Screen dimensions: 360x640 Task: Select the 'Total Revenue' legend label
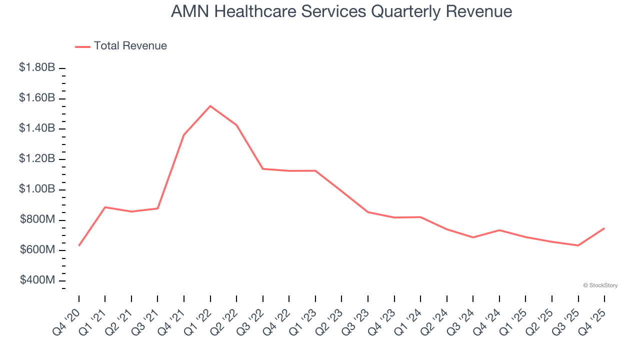[x=130, y=46]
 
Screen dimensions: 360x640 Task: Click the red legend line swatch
[x=82, y=46]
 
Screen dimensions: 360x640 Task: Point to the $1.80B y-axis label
[x=37, y=67]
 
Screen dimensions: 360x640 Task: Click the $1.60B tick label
[x=37, y=98]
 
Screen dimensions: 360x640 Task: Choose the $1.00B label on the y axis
[x=37, y=189]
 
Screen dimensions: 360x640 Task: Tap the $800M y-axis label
[x=37, y=220]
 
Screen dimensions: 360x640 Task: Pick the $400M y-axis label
[x=37, y=280]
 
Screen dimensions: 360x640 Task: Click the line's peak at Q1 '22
[x=210, y=106]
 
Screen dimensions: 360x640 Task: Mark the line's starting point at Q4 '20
[x=79, y=245]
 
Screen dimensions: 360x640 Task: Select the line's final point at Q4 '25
[x=604, y=228]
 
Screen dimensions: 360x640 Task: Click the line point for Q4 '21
[x=184, y=134]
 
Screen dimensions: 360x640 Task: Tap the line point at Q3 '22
[x=263, y=168]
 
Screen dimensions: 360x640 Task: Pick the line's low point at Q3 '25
[x=578, y=245]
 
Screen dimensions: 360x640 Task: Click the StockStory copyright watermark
[x=600, y=285]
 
